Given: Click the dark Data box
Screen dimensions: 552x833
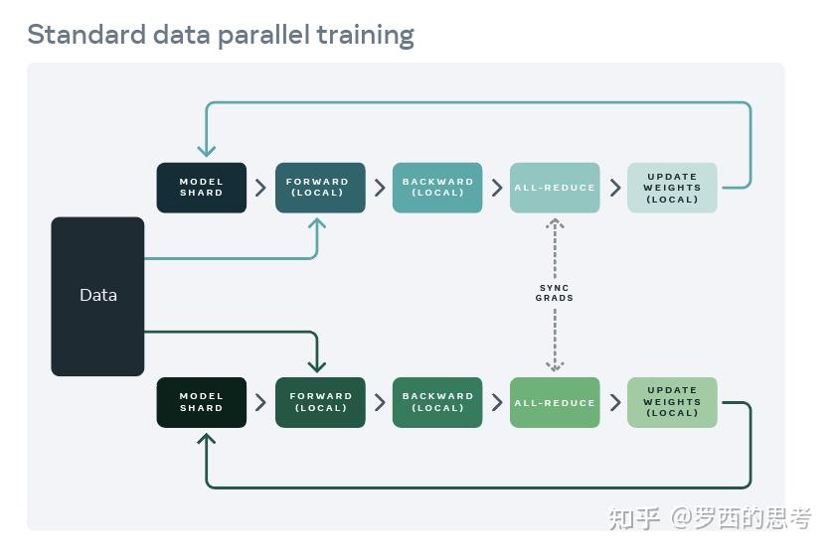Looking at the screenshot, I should click(97, 296).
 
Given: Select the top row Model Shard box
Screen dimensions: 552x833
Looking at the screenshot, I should click(201, 188).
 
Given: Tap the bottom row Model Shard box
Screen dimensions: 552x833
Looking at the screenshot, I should click(201, 402).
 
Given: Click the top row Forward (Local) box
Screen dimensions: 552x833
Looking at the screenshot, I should click(319, 188).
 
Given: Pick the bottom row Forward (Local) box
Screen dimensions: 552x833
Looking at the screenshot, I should click(319, 402).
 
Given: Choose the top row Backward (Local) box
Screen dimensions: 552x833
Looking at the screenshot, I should click(437, 188).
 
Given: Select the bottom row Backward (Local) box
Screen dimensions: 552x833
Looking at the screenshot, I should click(437, 402).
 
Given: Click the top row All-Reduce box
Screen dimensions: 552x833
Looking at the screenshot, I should click(555, 188).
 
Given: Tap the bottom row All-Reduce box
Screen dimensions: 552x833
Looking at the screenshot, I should click(555, 402).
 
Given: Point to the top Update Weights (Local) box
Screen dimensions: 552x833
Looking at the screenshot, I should click(672, 188).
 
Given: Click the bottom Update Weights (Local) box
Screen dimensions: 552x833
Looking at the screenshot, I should click(672, 402).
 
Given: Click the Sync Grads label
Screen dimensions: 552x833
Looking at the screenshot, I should click(555, 293).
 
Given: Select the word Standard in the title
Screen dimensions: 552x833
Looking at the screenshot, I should click(83, 35).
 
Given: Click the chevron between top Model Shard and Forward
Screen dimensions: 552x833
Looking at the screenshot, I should click(260, 188).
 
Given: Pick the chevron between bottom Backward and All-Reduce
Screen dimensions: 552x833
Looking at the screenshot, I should click(496, 402).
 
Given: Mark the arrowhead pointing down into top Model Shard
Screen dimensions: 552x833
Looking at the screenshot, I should click(207, 151).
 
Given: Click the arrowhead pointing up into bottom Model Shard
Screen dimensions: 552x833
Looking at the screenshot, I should click(207, 439).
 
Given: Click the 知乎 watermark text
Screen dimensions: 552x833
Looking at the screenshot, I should click(634, 517).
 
